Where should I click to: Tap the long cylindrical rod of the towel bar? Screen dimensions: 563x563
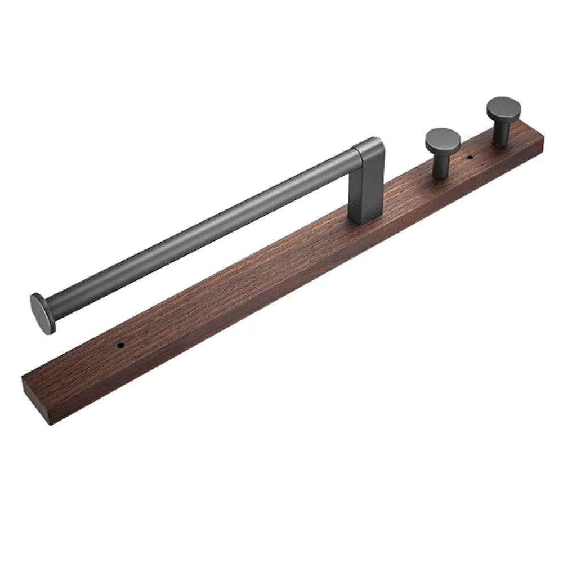[197, 231]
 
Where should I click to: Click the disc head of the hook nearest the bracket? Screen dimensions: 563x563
[443, 140]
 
